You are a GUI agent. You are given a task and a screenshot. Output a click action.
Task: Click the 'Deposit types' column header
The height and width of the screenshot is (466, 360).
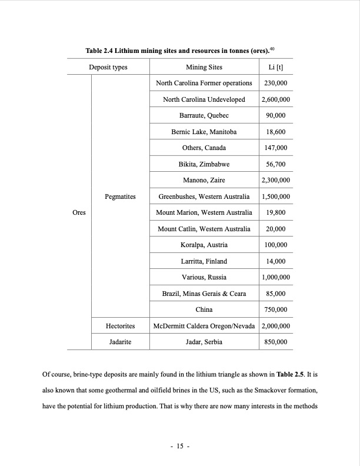[108, 67]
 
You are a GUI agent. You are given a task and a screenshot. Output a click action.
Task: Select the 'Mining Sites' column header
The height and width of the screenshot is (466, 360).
[204, 67]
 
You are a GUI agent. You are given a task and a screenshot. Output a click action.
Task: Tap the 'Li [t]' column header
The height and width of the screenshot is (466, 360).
[275, 67]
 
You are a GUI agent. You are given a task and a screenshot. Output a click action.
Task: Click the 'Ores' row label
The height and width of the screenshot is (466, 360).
[79, 212]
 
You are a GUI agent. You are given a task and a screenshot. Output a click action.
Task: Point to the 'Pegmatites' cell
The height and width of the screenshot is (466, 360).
[120, 197]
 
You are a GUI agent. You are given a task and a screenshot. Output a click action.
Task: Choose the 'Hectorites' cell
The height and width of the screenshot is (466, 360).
[120, 325]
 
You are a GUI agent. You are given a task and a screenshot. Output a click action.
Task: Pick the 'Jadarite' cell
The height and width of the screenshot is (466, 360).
[120, 341]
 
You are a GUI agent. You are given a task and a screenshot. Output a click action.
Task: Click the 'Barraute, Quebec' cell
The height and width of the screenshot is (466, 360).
[204, 115]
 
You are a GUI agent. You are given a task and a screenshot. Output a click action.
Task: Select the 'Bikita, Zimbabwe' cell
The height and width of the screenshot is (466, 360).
[204, 164]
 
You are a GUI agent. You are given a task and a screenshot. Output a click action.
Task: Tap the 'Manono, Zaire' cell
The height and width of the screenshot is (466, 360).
[204, 180]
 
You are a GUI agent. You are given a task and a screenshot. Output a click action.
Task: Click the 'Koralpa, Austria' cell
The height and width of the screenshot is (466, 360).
[204, 245]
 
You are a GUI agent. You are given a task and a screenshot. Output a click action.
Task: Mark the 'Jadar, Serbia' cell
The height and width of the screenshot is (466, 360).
[204, 341]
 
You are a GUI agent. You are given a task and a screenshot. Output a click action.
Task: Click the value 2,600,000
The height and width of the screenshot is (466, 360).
[275, 99]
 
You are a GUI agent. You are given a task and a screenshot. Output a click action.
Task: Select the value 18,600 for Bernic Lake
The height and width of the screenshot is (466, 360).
[275, 132]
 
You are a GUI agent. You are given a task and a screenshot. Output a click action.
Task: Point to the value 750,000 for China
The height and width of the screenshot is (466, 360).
[275, 309]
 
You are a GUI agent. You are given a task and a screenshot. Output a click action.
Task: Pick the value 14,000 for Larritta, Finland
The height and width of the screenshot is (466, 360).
[275, 261]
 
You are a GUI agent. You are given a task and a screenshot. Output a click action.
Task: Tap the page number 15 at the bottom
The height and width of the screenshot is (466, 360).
[179, 447]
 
